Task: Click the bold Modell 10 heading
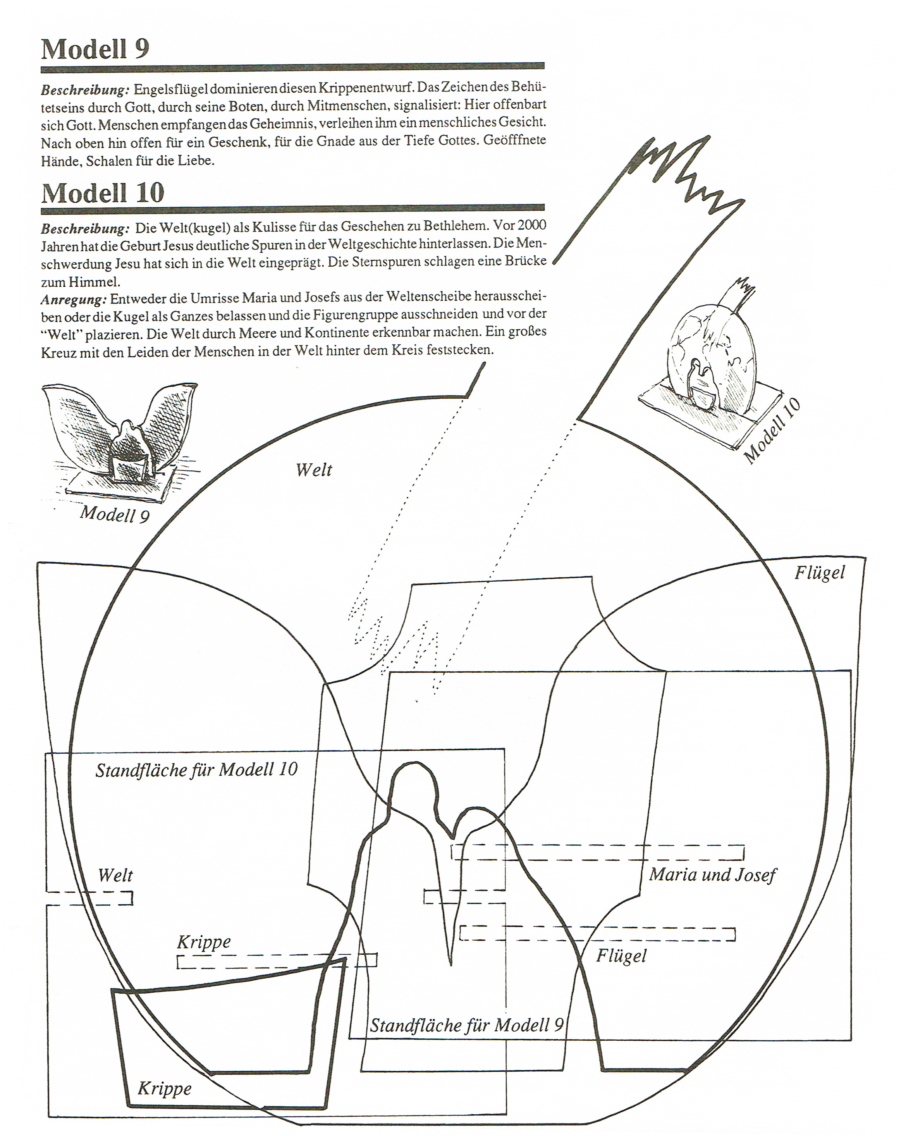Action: coord(103,193)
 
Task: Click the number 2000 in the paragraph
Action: coord(531,225)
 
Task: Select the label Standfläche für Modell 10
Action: coord(196,770)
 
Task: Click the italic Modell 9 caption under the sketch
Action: coord(114,513)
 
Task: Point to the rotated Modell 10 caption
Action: coord(772,430)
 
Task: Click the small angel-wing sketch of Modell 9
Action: coord(121,437)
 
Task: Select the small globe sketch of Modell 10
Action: coord(711,363)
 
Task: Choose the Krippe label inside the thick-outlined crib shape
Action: coord(164,1088)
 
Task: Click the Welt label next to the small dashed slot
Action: coord(115,875)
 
